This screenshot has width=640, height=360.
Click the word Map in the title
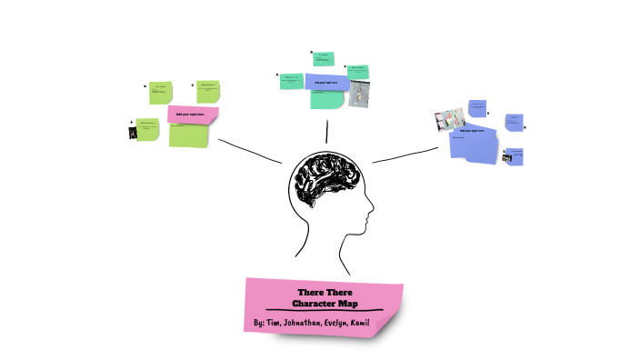pos(346,302)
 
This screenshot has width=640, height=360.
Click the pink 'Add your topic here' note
pos(193,115)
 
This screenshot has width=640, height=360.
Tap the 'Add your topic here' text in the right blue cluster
pos(475,131)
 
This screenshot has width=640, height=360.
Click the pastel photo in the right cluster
pos(450,119)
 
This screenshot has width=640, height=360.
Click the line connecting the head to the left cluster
pos(250,151)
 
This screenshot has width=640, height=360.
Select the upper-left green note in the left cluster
pos(160,91)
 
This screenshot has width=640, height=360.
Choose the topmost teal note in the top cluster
pos(324,59)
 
